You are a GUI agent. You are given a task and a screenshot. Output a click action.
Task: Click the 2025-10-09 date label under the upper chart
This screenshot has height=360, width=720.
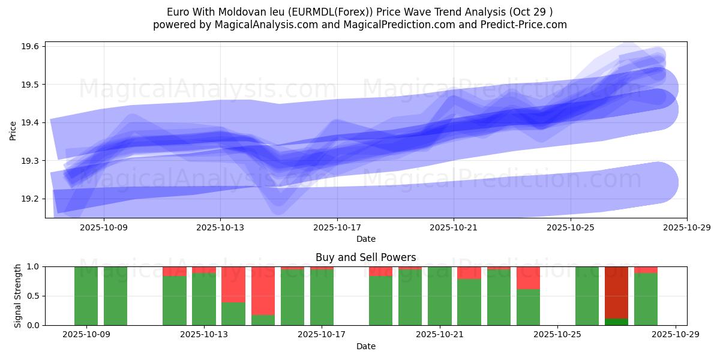[x=104, y=227]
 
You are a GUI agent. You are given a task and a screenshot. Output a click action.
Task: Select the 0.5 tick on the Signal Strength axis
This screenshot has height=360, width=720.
[x=33, y=296]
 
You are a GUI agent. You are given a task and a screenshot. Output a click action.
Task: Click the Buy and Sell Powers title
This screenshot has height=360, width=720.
[x=365, y=257]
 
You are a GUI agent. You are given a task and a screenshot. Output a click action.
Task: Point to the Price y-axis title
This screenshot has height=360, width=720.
[x=13, y=130]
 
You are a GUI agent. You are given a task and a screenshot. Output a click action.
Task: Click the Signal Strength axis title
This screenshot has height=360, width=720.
[x=18, y=296]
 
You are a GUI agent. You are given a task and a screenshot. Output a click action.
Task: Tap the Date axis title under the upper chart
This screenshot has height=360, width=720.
[x=365, y=239]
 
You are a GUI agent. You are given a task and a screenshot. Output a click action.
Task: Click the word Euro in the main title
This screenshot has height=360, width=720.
[x=177, y=11]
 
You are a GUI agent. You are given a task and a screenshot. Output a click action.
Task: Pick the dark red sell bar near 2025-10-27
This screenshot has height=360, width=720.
[x=616, y=291]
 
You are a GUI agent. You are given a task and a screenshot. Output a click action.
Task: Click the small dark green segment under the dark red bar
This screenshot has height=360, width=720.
[x=616, y=322]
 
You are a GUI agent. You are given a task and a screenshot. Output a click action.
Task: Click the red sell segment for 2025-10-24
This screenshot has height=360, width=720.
[x=528, y=278]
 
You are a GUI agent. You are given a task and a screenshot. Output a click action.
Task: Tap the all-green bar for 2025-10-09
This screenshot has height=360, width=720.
[x=86, y=296]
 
